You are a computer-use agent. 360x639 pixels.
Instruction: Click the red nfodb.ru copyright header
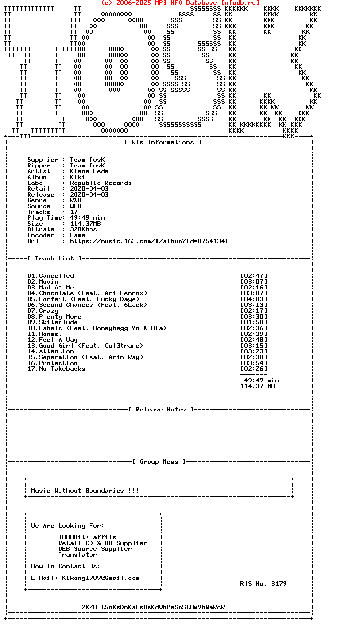180,3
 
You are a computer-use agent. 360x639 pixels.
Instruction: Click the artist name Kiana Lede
89,171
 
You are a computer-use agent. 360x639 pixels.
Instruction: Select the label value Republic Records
101,183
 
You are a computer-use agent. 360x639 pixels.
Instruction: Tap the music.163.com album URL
149,241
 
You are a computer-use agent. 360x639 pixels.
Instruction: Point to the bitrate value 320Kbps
83,229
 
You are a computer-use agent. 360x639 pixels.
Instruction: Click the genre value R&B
75,200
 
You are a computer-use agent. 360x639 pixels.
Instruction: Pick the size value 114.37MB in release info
85,224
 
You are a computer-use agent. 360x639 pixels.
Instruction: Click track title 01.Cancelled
51,276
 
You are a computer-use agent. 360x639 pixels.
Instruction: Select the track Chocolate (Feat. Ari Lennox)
87,293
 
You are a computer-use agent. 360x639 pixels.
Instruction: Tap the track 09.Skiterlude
52,322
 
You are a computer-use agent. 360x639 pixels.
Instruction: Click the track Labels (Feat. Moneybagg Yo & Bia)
97,328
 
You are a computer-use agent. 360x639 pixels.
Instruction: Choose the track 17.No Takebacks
56,369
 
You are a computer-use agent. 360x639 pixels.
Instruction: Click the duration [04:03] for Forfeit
254,299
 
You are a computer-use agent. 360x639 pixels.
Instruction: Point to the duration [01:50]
254,322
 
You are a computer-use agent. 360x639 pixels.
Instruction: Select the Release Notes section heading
161,410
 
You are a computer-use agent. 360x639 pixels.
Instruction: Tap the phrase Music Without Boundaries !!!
85,491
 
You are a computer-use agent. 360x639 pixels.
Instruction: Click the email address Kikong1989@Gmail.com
101,578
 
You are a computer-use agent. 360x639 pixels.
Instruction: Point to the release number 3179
279,584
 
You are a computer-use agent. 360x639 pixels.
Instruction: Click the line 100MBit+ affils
87,537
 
